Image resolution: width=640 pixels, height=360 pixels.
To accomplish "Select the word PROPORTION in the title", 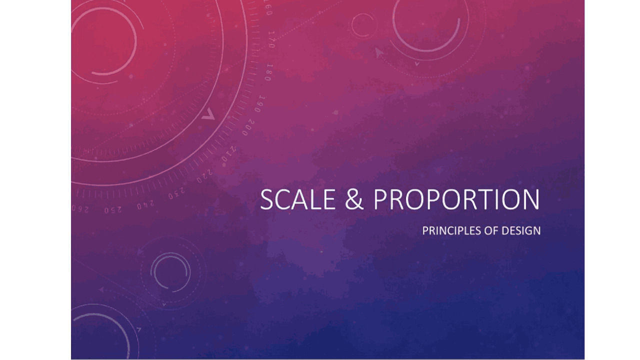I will click(456, 199).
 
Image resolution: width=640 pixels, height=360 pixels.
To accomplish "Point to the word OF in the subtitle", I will click(490, 231).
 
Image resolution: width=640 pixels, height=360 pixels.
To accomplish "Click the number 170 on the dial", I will click(271, 39).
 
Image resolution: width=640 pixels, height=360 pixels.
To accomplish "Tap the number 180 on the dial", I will click(268, 72).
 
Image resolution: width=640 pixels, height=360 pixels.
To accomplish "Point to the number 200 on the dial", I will click(248, 128).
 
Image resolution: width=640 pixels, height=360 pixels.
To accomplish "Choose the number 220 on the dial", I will click(204, 174).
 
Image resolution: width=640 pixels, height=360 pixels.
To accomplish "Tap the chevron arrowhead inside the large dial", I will click(208, 115).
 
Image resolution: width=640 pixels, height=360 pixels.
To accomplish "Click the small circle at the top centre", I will click(363, 25).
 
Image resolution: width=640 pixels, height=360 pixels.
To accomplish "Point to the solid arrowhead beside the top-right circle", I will click(379, 51).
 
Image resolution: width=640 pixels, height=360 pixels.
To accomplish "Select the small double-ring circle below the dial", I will click(170, 271).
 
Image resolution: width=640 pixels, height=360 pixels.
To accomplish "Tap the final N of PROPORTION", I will click(530, 199).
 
